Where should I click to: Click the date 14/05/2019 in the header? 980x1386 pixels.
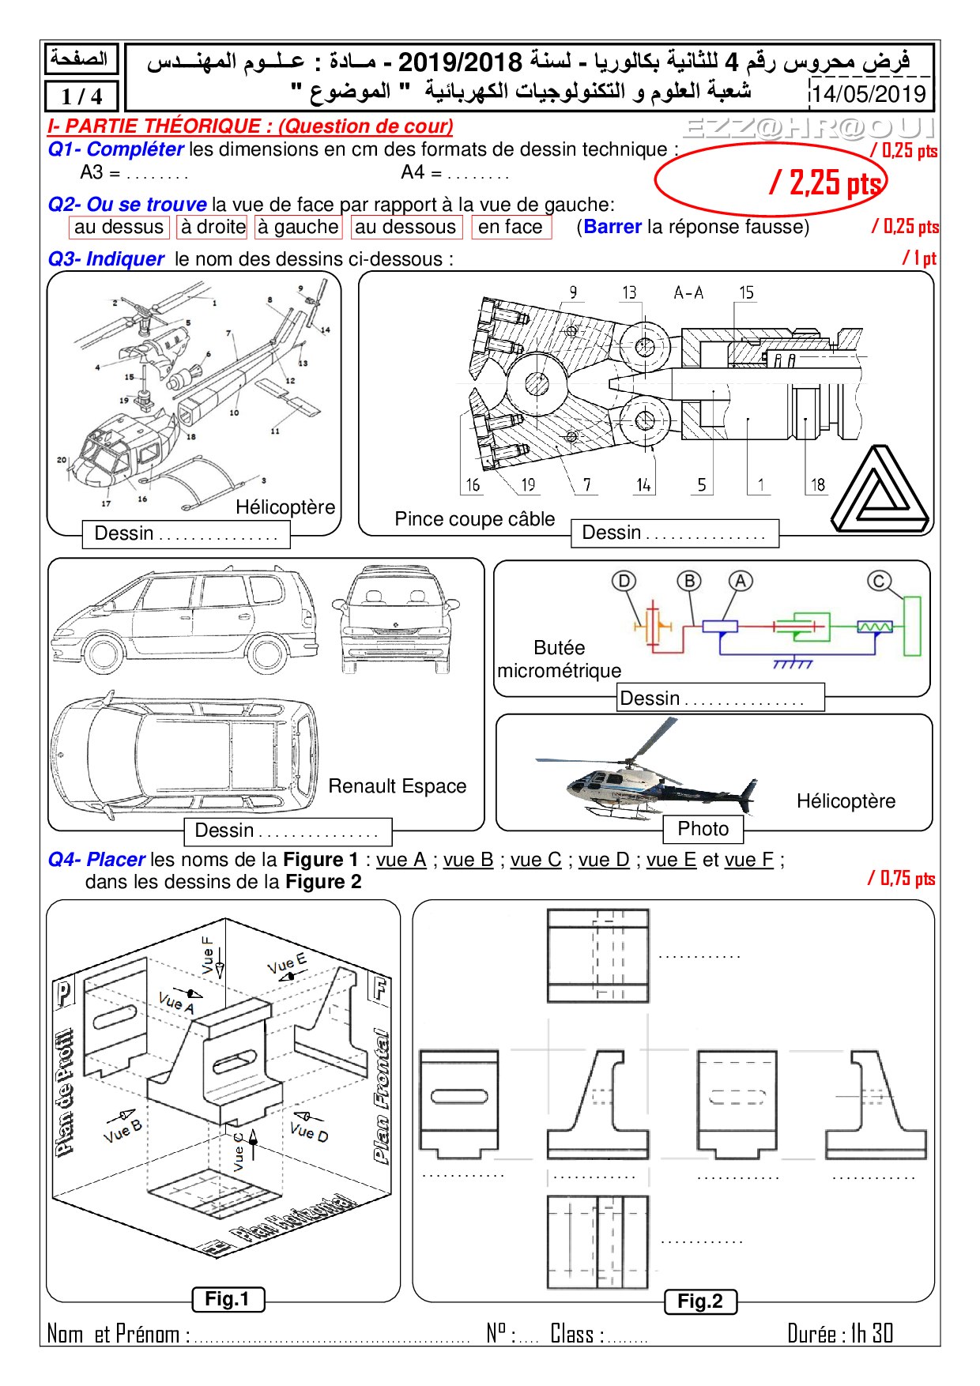point(869,94)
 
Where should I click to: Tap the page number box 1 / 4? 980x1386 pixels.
point(81,96)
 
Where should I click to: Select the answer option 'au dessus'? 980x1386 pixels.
point(119,227)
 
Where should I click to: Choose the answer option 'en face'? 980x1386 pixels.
point(511,227)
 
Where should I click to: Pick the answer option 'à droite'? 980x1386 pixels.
point(213,227)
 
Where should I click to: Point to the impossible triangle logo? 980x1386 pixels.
point(880,491)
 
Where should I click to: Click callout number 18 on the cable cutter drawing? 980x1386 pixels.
point(817,484)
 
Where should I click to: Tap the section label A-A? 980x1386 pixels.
point(688,292)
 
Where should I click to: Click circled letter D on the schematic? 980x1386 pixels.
point(624,582)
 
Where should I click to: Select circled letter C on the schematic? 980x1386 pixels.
point(878,582)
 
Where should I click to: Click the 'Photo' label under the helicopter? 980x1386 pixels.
point(703,829)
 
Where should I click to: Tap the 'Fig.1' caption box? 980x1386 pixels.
point(227,1299)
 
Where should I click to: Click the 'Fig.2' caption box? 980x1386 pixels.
point(699,1301)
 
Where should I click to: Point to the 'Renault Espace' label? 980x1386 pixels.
point(397,786)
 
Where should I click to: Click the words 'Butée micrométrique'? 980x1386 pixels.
point(559,659)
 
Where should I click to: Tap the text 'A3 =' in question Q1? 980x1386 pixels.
point(100,172)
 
